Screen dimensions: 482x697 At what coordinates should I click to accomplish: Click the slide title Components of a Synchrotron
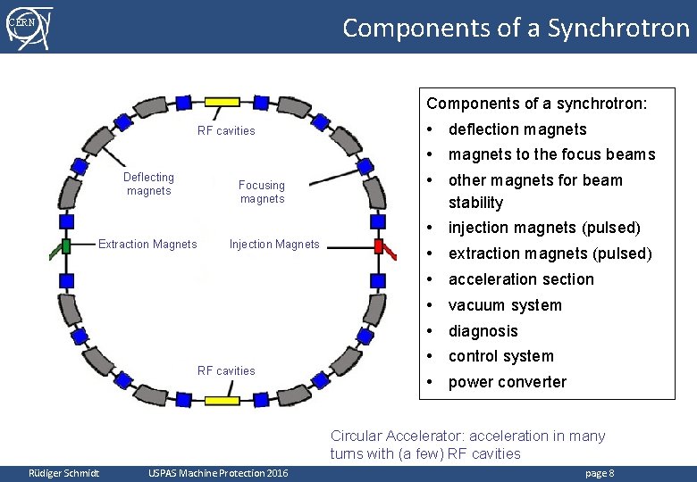(516, 28)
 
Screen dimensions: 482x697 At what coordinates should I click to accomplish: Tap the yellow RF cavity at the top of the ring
(222, 103)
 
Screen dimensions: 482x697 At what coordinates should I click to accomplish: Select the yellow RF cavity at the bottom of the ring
(222, 400)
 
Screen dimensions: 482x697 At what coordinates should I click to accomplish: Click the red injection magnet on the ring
(379, 246)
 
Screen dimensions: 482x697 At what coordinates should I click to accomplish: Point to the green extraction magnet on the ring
(65, 246)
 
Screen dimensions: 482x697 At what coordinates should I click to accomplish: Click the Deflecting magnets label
(148, 184)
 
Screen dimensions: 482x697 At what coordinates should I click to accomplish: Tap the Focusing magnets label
(262, 192)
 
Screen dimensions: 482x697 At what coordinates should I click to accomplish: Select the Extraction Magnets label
(147, 244)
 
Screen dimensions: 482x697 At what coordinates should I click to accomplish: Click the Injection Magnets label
(274, 244)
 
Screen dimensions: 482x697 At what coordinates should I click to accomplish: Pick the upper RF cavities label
(226, 130)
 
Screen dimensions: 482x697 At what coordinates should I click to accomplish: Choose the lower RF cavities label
(226, 370)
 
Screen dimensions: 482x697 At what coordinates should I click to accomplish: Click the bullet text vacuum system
(505, 305)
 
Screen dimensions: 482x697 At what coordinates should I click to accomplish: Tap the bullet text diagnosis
(483, 331)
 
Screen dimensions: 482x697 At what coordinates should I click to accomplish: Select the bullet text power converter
(507, 382)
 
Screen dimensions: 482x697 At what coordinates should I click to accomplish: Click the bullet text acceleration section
(520, 279)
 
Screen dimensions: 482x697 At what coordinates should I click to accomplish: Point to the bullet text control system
(500, 356)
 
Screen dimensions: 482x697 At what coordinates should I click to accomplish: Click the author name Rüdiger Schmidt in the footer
(63, 472)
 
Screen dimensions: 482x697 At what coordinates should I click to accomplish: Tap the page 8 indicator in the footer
(600, 472)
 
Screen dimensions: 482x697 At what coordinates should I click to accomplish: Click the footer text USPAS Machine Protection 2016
(218, 472)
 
